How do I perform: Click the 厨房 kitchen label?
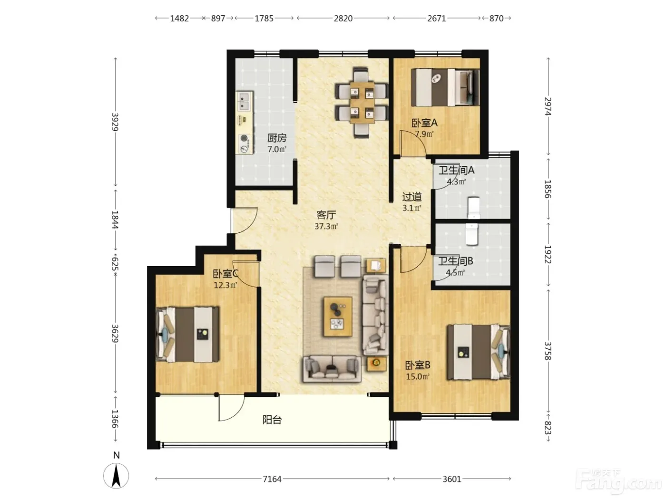coord(276,138)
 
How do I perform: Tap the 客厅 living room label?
coord(326,215)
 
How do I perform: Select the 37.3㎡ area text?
coord(326,226)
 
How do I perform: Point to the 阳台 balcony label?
coord(272,420)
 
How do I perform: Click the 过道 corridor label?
coord(412,197)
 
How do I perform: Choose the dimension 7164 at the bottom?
coord(272,479)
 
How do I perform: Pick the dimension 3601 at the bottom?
coord(452,479)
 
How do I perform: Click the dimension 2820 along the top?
coord(343,19)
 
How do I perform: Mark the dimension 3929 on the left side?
coord(115,122)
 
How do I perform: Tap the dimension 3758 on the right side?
coord(548,351)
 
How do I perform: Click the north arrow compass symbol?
coord(116,475)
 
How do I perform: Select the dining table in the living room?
coord(362,102)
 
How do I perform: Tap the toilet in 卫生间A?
coord(474,207)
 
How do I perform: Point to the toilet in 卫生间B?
coord(471,234)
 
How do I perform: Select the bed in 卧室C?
coord(187,335)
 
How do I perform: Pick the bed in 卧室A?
coord(445,87)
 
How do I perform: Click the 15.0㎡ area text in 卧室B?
coord(418,376)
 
